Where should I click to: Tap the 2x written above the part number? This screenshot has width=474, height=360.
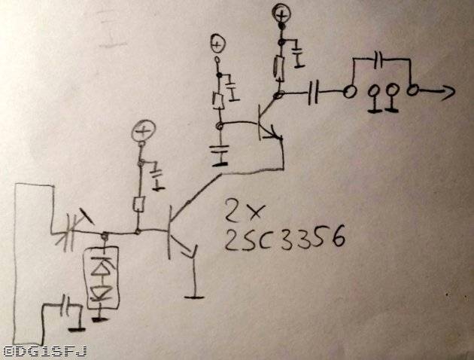coord(243,209)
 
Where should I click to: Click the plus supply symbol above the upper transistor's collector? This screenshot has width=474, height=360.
coord(281,13)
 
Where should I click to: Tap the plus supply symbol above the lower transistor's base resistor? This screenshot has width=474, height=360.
coord(141,134)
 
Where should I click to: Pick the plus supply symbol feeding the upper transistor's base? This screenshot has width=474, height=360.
coord(217,44)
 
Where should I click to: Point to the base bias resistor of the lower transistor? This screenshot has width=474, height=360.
coord(139,203)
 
